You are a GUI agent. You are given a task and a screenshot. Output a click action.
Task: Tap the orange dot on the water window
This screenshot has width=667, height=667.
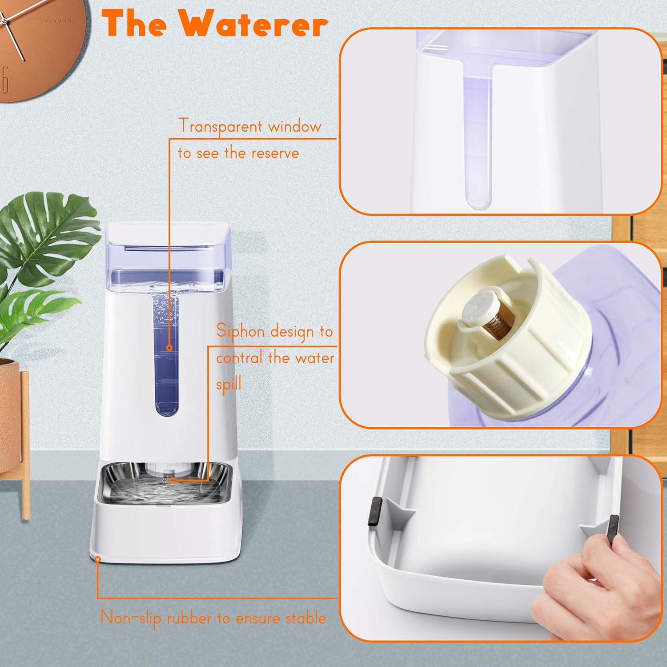(x=169, y=348)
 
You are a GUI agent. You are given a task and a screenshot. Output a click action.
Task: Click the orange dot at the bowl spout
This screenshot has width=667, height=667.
(x=173, y=480)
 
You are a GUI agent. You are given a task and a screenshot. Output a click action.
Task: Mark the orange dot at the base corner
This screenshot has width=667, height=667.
(x=98, y=559)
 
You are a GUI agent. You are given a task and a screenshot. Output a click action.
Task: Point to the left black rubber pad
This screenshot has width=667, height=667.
(x=375, y=511)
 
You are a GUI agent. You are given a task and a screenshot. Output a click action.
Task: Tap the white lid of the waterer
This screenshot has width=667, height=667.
(x=169, y=233)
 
